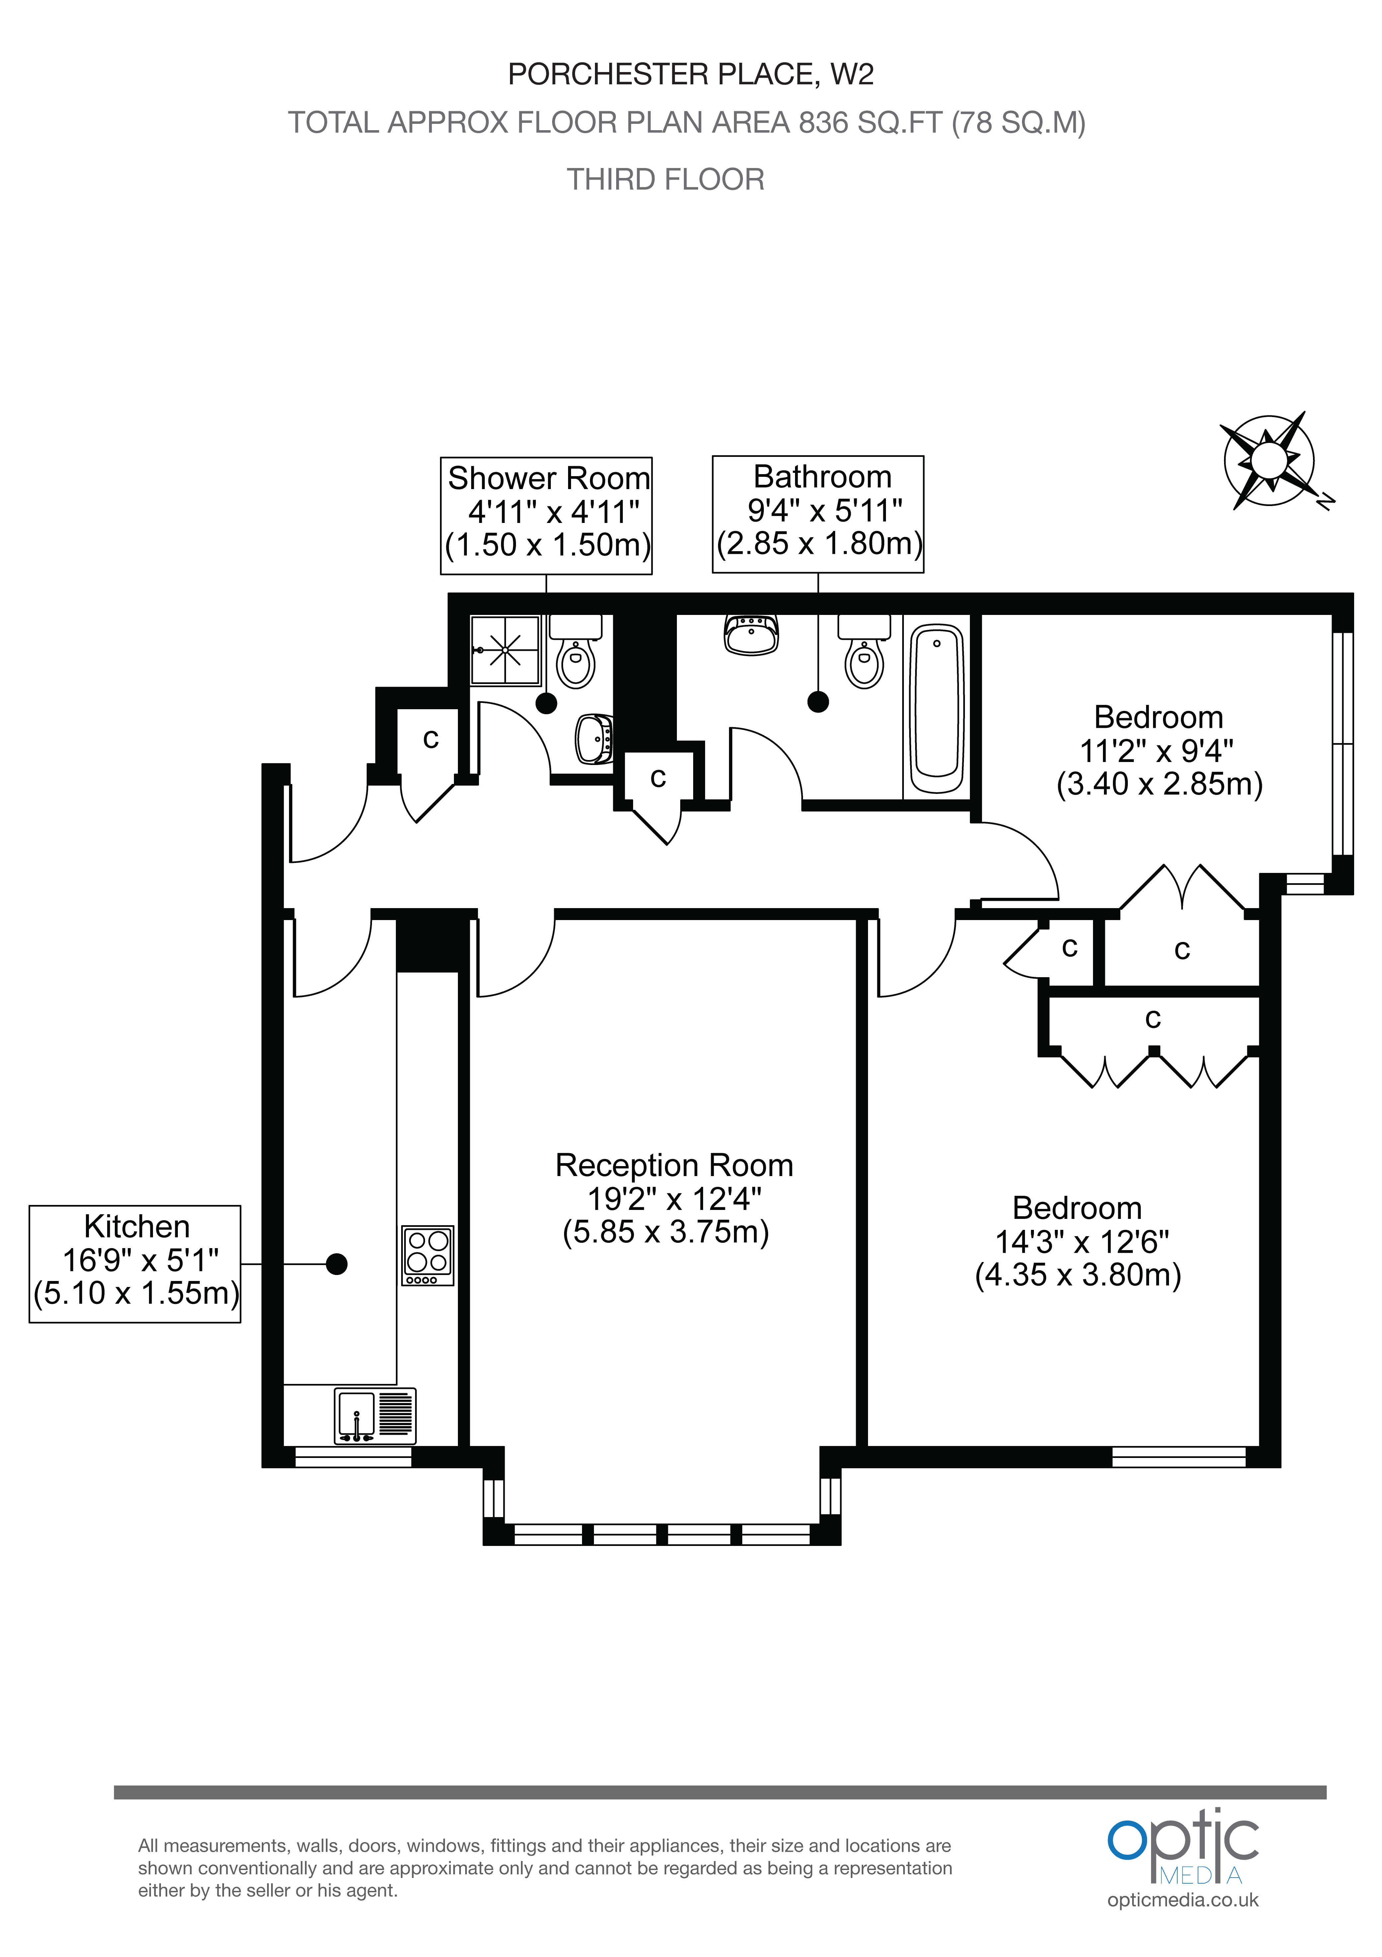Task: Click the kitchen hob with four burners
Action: (x=428, y=1255)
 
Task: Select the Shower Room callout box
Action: (x=546, y=515)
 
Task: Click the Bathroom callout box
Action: (x=818, y=513)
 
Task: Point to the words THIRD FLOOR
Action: (x=665, y=180)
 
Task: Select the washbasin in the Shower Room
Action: (x=594, y=738)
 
